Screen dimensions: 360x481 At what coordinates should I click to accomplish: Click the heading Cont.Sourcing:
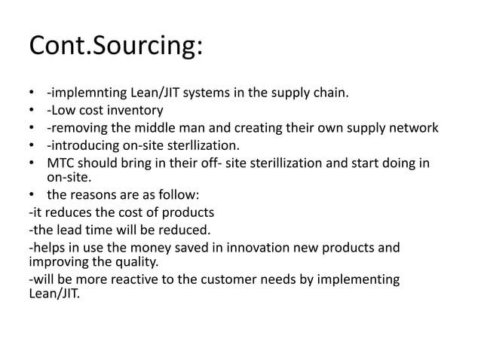(x=115, y=46)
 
